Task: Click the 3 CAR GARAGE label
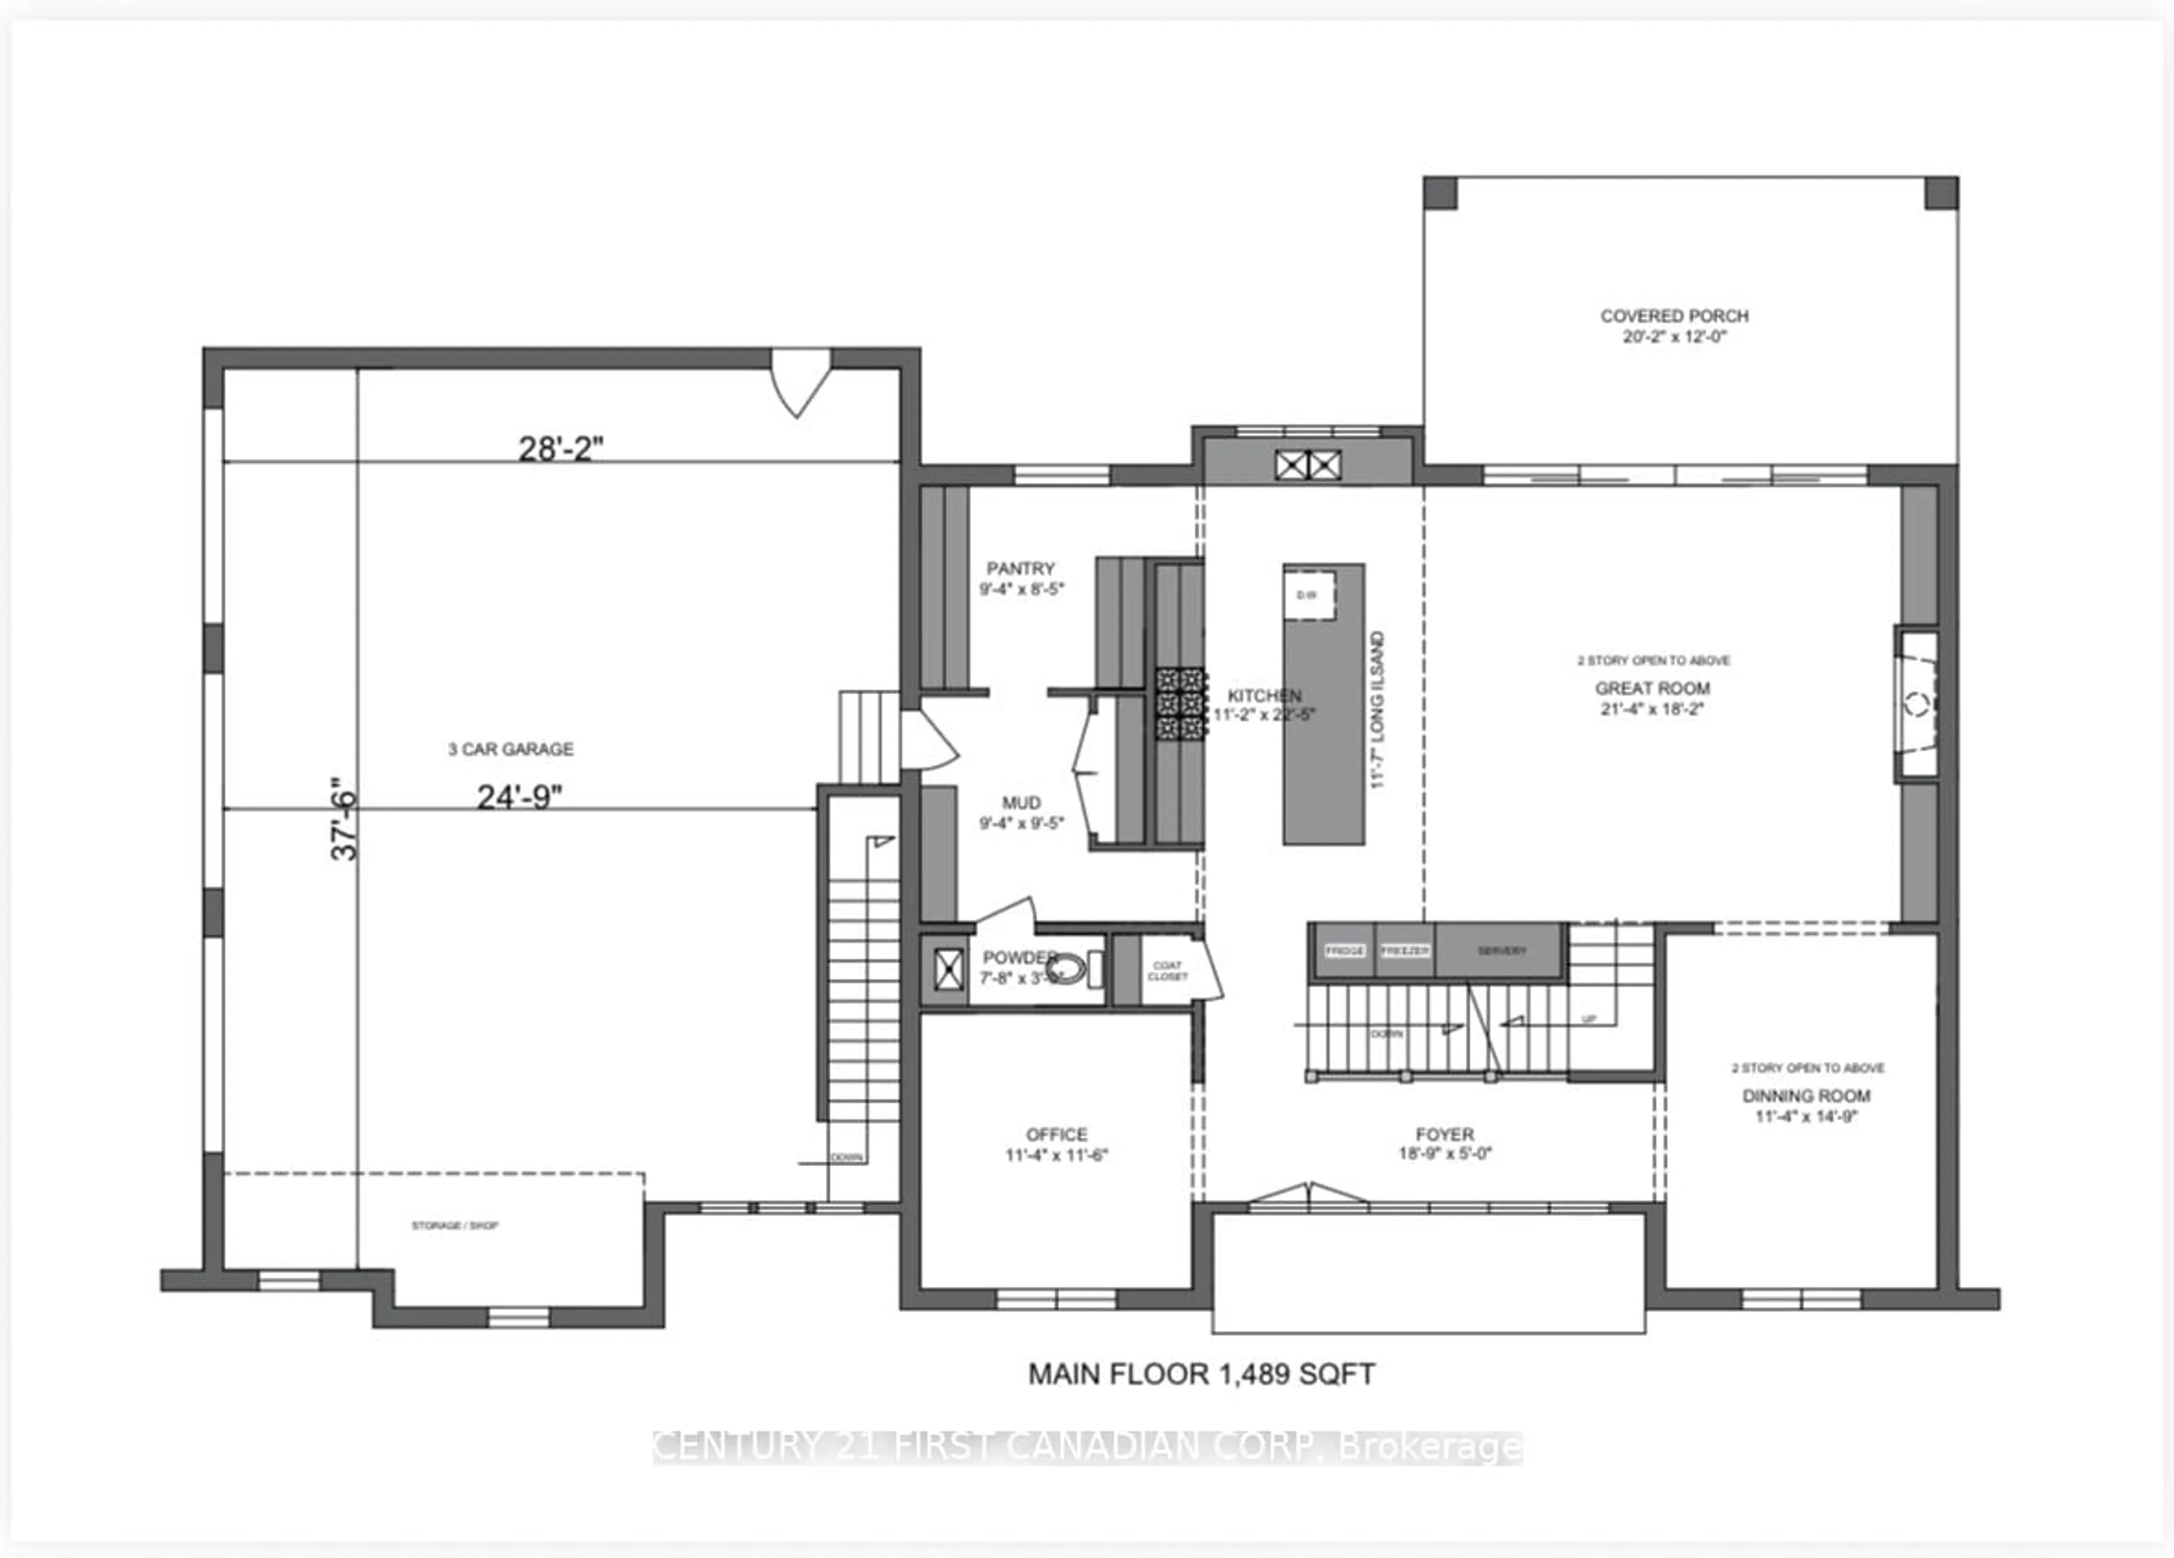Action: tap(511, 749)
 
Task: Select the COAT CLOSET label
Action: tap(1167, 970)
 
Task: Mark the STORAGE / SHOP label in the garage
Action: tap(455, 1225)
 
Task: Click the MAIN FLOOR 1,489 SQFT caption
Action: tap(1201, 1374)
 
